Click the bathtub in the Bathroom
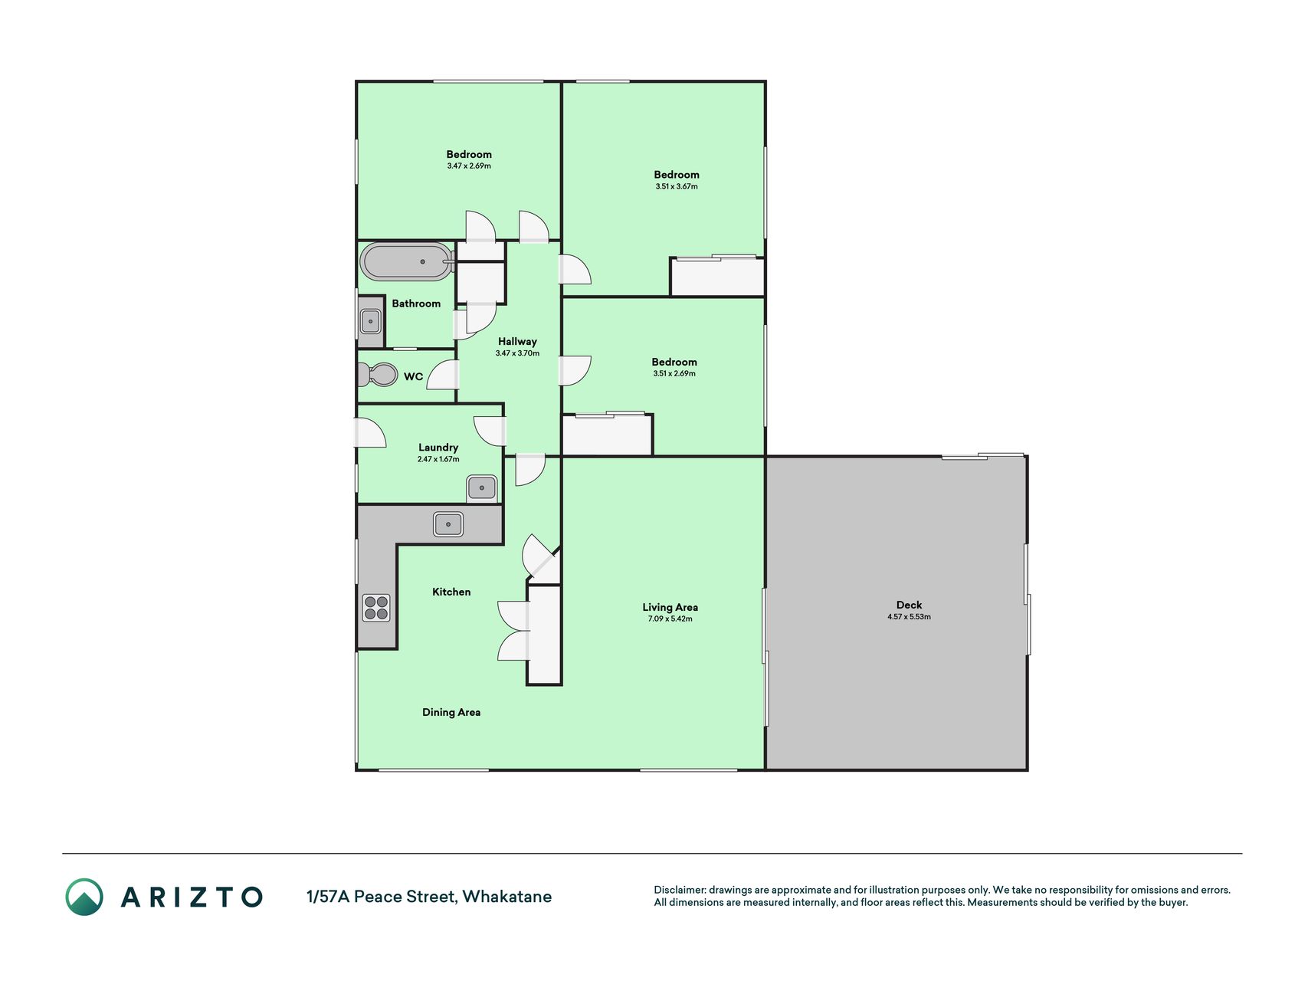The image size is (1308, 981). (x=407, y=262)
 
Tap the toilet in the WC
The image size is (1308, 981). (x=377, y=375)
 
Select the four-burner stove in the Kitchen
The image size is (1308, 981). (x=376, y=608)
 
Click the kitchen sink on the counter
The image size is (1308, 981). (x=448, y=524)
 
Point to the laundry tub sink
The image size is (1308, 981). (x=482, y=487)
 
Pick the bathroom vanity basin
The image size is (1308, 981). (x=371, y=320)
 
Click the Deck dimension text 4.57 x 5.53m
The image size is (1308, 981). (x=909, y=617)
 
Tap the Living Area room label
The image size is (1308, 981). (x=670, y=607)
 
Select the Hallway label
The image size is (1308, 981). (x=517, y=342)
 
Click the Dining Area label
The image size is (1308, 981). (x=451, y=712)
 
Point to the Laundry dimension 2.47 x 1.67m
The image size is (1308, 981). (x=438, y=459)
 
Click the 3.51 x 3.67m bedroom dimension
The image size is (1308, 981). (x=677, y=186)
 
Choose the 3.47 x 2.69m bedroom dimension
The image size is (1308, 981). (x=469, y=166)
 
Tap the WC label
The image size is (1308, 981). (x=413, y=376)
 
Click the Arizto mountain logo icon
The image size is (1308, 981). (x=84, y=897)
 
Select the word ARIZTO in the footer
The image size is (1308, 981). (x=192, y=897)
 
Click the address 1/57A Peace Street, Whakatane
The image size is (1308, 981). (x=429, y=897)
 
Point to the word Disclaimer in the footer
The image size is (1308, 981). (x=680, y=890)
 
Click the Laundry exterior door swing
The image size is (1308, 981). (x=370, y=432)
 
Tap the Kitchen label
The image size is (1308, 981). (x=451, y=592)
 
